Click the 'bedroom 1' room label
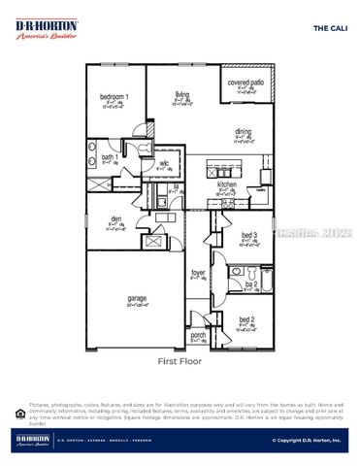point(115,98)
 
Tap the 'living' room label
point(180,93)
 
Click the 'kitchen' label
point(226,183)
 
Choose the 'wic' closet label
point(164,164)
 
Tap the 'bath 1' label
point(111,157)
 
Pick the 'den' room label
point(115,219)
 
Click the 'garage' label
point(137,298)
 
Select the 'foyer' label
point(198,273)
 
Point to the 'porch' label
point(198,335)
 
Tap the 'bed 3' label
point(248,235)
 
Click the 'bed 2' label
point(246,319)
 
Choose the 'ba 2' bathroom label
point(249,284)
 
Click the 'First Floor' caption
point(180,360)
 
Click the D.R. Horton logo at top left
point(47,29)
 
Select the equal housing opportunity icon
point(20,412)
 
